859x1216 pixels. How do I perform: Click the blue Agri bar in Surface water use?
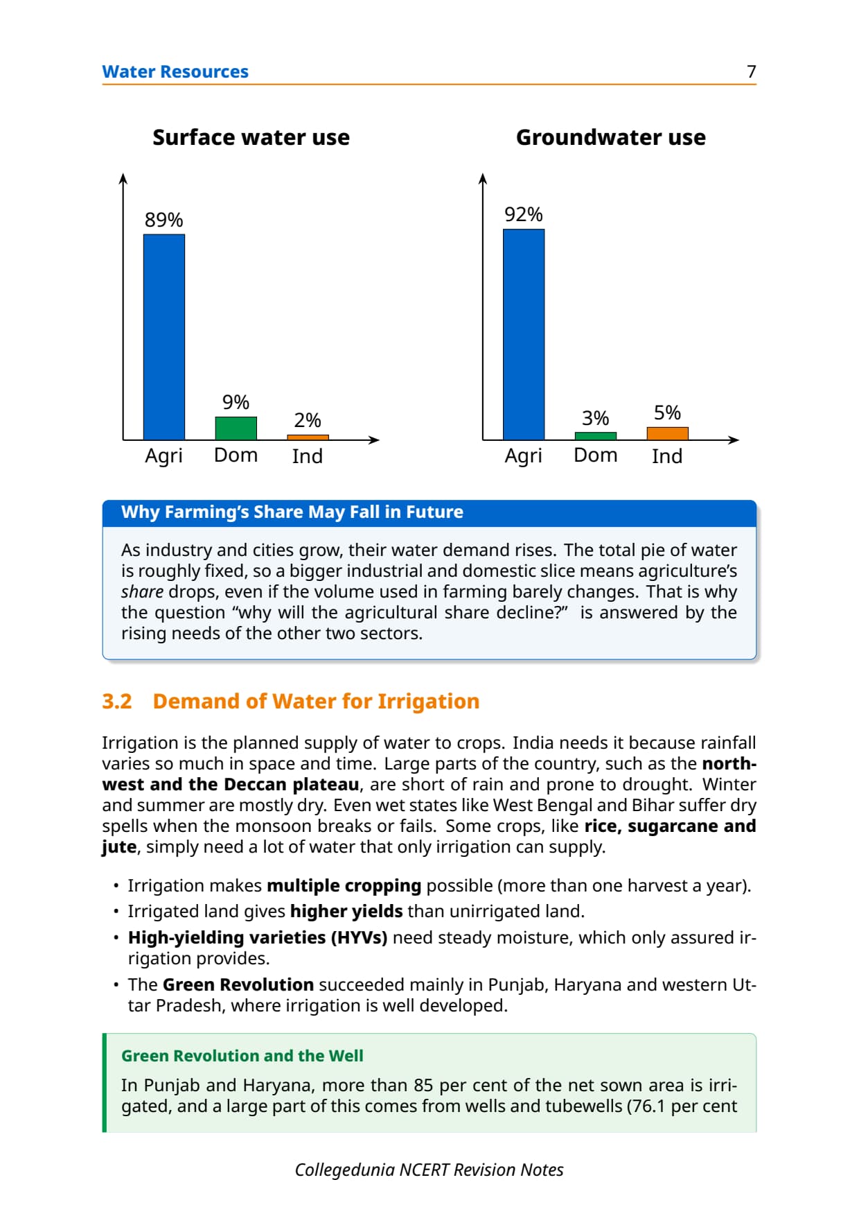click(164, 337)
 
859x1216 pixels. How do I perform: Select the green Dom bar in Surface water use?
click(236, 428)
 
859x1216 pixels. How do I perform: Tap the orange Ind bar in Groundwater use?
click(668, 433)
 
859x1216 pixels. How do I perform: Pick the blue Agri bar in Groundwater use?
click(524, 334)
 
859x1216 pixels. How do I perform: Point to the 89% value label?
click(164, 220)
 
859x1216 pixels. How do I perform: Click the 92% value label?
click(524, 214)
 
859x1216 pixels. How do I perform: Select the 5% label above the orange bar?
click(668, 412)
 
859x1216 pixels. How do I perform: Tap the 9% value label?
click(236, 402)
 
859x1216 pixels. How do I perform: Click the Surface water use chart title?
click(251, 137)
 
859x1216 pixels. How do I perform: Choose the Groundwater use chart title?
click(611, 137)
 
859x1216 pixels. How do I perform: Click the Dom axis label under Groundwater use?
click(596, 455)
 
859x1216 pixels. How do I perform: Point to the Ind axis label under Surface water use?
click(308, 456)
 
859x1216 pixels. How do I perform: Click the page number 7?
click(752, 71)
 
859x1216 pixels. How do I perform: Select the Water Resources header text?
click(175, 71)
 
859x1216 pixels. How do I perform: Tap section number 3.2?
click(117, 701)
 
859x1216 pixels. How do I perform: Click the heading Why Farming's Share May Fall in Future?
click(292, 512)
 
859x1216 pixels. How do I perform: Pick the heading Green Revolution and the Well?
click(242, 1055)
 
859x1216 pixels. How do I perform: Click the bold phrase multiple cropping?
click(344, 886)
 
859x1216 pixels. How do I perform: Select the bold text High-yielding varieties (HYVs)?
click(258, 937)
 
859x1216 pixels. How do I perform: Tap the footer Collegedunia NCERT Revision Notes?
click(429, 1170)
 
